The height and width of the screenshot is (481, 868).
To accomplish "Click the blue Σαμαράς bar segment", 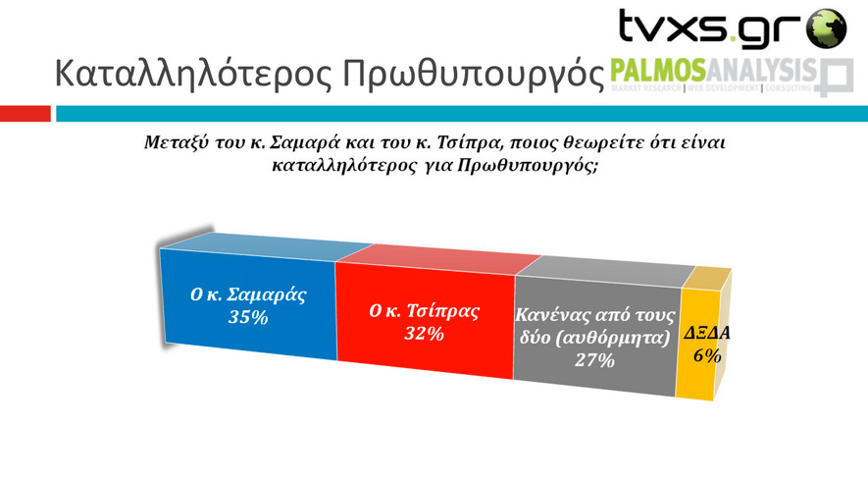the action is (248, 303).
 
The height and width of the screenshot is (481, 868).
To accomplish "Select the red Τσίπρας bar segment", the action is (425, 320).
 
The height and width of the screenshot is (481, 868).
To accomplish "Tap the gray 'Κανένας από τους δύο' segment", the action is (596, 336).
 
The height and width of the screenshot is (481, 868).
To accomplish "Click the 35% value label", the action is (248, 317).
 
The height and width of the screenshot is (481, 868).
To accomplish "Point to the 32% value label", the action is (424, 334).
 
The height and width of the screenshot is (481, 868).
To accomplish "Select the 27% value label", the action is (594, 360).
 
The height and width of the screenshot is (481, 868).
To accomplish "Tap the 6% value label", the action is (707, 355).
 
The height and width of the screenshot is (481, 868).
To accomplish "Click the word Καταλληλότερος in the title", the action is (193, 74).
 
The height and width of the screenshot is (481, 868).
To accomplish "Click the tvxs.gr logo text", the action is (710, 27).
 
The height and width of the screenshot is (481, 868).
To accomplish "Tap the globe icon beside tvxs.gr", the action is (826, 28).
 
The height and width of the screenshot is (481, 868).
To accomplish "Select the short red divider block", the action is (26, 114).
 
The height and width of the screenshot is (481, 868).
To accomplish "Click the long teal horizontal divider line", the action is (462, 114).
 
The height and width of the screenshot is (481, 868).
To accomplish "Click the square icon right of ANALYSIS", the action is (836, 78).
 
